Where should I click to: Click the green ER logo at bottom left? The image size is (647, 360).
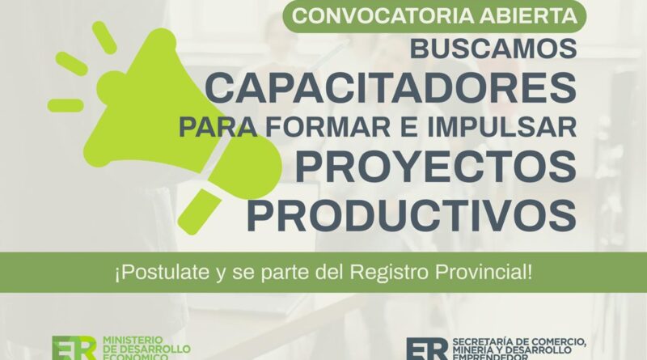pyautogui.click(x=74, y=349)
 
